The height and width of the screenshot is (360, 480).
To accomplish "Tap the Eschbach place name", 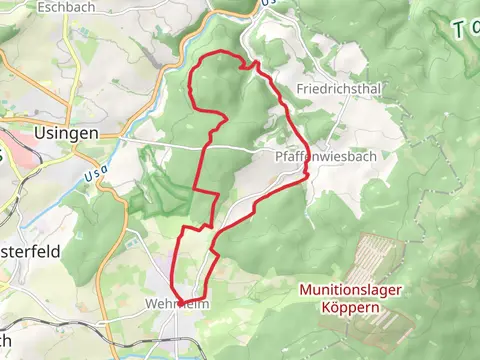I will pyautogui.click(x=66, y=7).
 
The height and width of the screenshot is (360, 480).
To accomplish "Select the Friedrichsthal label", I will pyautogui.click(x=339, y=89).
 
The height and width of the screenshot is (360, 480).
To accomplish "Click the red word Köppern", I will pyautogui.click(x=351, y=308).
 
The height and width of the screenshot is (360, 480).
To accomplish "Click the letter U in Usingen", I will pyautogui.click(x=40, y=133).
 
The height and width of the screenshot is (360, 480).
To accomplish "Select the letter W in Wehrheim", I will pyautogui.click(x=152, y=303).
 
